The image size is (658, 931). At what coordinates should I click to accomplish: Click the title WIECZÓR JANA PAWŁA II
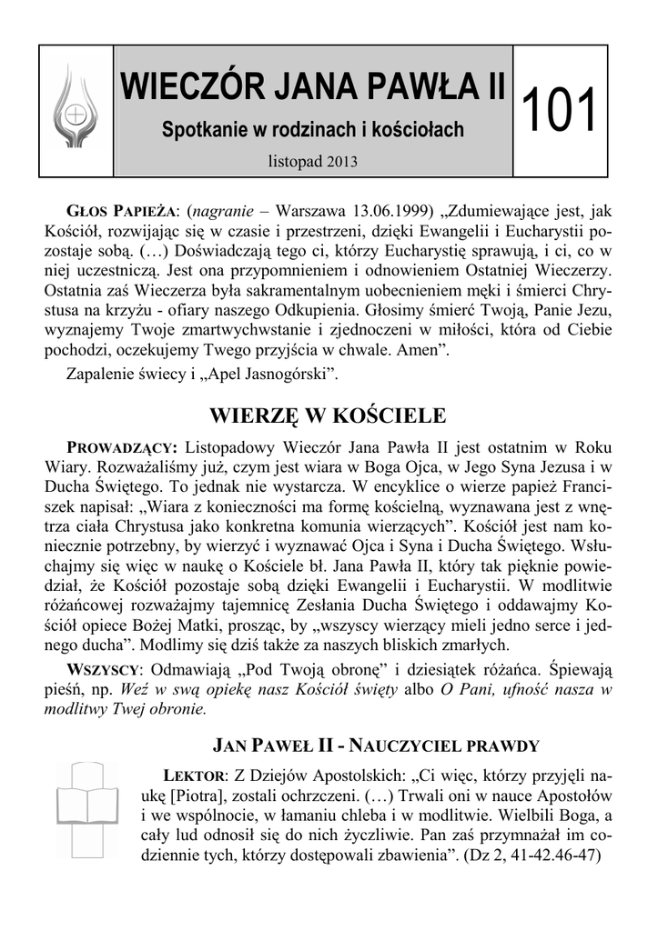[x=312, y=91]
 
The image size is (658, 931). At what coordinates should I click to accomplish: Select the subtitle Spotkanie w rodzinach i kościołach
[x=312, y=131]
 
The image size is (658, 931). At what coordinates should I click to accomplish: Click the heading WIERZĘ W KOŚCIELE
[x=329, y=417]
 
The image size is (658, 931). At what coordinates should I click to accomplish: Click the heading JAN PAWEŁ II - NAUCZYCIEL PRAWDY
[x=376, y=746]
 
